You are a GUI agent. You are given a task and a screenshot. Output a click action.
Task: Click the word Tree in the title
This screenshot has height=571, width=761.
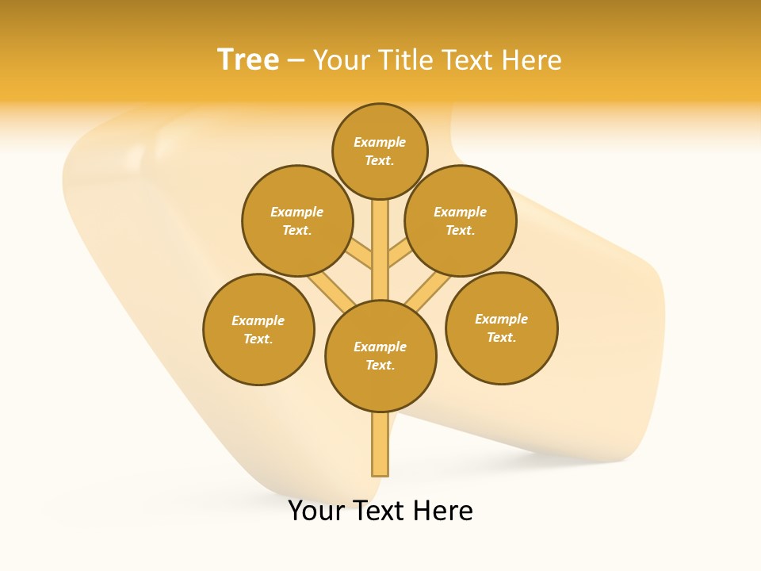(248, 60)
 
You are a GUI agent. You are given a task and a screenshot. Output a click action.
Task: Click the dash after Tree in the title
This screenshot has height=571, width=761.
(296, 61)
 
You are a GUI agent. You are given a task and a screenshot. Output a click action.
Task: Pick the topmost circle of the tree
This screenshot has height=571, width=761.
(380, 151)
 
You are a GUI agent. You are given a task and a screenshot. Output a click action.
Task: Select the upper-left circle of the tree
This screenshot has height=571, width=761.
(297, 221)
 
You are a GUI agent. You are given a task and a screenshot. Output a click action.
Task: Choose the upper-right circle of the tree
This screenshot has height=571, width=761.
(461, 221)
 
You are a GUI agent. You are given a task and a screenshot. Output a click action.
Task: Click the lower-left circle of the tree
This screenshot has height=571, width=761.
(258, 330)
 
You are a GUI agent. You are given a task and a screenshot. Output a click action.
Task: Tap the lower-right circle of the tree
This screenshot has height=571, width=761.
(502, 328)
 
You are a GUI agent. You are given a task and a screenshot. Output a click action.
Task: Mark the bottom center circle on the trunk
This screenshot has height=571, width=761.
(380, 356)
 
